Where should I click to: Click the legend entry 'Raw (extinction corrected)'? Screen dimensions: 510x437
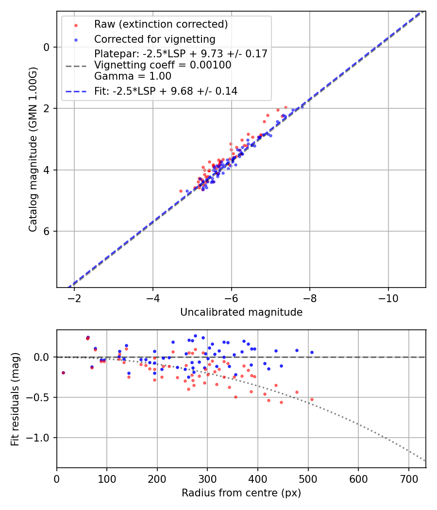click(161, 24)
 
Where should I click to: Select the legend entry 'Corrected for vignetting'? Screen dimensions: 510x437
click(154, 39)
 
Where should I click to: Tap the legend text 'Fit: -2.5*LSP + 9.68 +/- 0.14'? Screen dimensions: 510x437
click(166, 91)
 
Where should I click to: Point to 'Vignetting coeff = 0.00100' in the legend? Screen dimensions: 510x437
click(163, 65)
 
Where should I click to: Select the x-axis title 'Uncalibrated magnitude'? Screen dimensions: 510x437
click(241, 312)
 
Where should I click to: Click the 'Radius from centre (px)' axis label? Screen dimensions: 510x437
click(241, 493)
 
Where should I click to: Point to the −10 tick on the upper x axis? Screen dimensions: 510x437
click(388, 297)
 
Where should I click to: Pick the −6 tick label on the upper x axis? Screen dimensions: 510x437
click(231, 297)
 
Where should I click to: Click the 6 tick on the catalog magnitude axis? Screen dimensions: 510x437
click(47, 231)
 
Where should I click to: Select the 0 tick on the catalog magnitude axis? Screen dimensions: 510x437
click(47, 47)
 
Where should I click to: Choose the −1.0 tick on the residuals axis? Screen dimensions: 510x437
click(42, 438)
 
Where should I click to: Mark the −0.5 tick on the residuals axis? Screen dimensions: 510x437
click(42, 397)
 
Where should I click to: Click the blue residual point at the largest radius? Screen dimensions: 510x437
click(312, 352)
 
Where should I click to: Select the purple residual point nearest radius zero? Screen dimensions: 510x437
click(63, 373)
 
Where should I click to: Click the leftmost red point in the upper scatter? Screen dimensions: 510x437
click(181, 191)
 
